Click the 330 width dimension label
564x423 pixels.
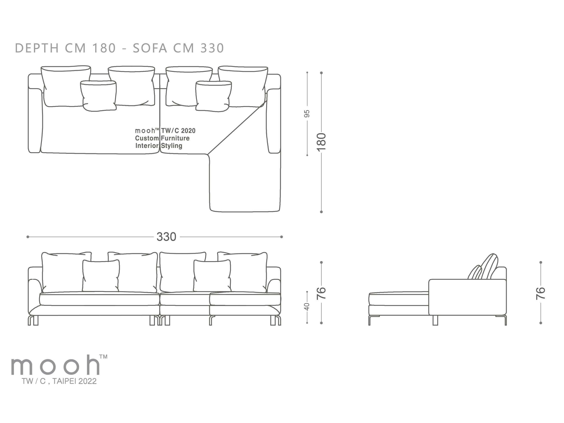pos(166,237)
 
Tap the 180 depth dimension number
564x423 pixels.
pos(321,142)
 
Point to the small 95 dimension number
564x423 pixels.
pos(307,113)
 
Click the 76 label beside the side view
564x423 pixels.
pos(541,293)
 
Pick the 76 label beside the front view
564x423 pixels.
pos(321,293)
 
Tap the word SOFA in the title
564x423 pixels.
pos(150,48)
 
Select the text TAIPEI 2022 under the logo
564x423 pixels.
pos(74,381)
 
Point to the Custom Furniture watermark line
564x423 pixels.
pos(162,138)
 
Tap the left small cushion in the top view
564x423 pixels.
pos(99,96)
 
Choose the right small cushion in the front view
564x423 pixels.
pos(212,276)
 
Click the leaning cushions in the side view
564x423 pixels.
pos(483,268)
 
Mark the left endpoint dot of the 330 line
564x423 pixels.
pos(28,237)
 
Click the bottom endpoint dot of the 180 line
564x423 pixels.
pos(321,212)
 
